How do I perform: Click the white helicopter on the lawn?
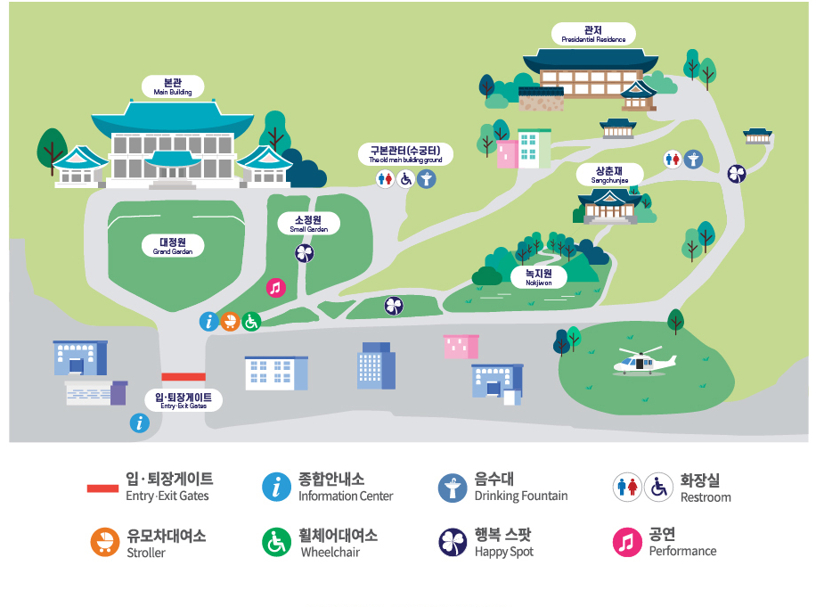(x=643, y=362)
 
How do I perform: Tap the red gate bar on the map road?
(x=184, y=377)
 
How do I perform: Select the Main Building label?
(x=173, y=86)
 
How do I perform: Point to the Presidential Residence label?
(x=593, y=34)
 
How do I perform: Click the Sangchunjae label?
(x=609, y=175)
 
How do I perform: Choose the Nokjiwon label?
(x=538, y=277)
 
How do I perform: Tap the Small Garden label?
(x=309, y=224)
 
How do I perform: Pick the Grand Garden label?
(x=172, y=246)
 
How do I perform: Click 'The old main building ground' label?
(x=405, y=154)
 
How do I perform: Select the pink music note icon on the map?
(x=276, y=287)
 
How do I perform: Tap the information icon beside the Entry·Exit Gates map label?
(x=139, y=423)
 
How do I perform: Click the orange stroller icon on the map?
(x=230, y=321)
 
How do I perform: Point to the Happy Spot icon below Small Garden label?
(x=305, y=254)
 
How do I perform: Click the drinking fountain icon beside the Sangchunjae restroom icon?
(x=693, y=160)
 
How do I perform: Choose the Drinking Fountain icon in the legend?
(x=453, y=487)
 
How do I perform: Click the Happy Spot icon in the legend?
(x=453, y=542)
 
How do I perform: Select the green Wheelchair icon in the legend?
(x=276, y=542)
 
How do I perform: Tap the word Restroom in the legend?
(x=706, y=497)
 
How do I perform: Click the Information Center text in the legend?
(x=346, y=496)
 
